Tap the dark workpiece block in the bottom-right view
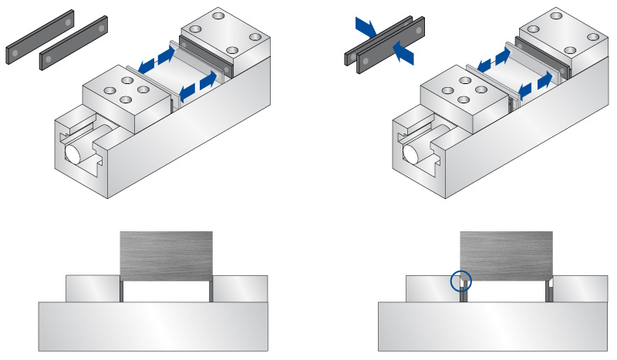point(505,254)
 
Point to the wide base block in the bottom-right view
point(494,326)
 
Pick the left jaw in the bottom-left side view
point(93,288)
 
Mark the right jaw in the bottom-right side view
point(580,288)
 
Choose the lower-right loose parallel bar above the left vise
point(76,53)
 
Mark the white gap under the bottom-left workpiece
point(167,291)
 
